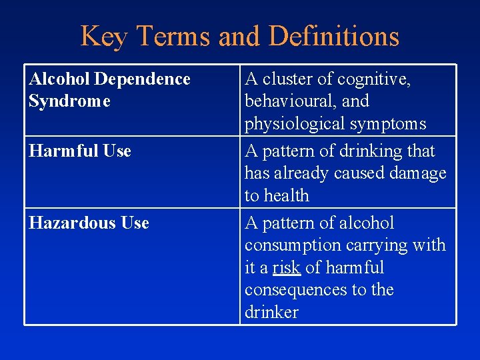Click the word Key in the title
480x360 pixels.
[x=102, y=36]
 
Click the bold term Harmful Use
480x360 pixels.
[x=79, y=151]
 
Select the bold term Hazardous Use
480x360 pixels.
[x=89, y=223]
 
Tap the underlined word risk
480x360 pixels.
[x=287, y=268]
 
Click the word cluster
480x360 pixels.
[x=287, y=79]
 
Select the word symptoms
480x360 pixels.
[x=393, y=124]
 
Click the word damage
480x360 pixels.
[x=417, y=173]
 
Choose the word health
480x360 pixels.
[x=287, y=196]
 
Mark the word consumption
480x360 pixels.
[x=293, y=245]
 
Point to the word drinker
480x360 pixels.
[x=271, y=313]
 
